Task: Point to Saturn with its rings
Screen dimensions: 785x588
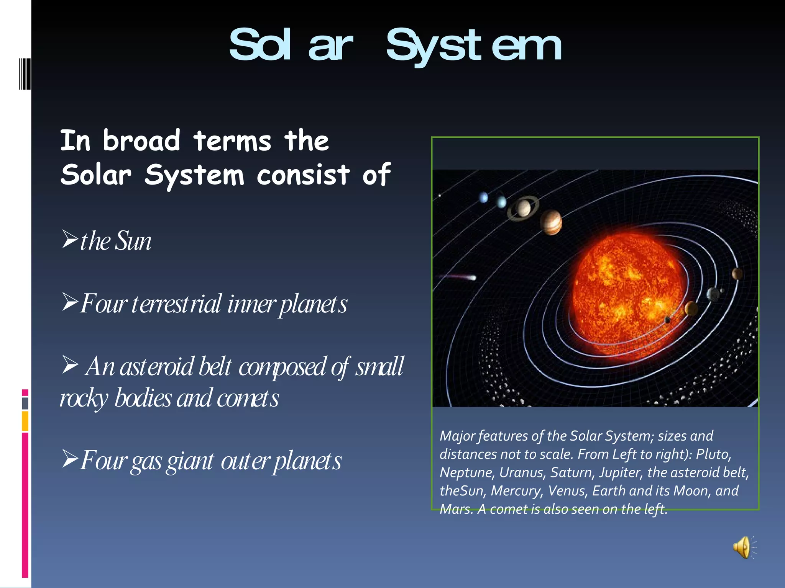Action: click(x=523, y=208)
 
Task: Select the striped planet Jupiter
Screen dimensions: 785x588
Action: click(x=551, y=222)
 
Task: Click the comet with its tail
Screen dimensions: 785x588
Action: click(x=458, y=276)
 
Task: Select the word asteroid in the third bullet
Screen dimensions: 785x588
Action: click(x=157, y=366)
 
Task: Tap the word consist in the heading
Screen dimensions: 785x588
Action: click(x=303, y=175)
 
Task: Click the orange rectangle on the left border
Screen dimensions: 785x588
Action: click(x=25, y=421)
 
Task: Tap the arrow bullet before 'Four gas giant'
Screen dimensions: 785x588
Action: click(x=70, y=459)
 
